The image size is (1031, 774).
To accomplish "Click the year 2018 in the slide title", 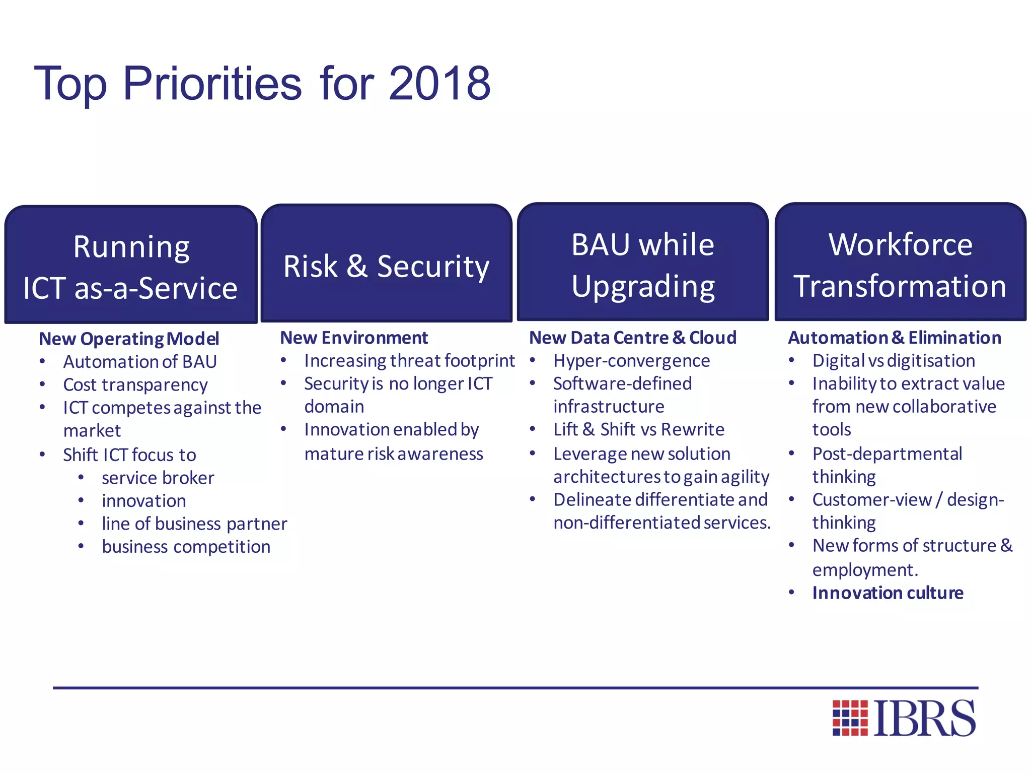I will pos(439,84).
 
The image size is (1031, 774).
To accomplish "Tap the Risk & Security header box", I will pos(386,265).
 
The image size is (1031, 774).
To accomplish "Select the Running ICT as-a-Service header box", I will pos(130,266).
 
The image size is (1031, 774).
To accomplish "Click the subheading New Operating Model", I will pos(129,339).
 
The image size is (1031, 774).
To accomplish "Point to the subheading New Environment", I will pos(354,338).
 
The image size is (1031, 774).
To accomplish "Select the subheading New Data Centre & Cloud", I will pos(633,338).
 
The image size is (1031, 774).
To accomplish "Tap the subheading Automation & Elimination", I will pos(895,338).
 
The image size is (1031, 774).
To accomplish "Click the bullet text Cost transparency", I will pos(135,385).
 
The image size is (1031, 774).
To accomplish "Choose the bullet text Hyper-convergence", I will pos(631,361).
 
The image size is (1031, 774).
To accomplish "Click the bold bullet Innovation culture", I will pos(888,593).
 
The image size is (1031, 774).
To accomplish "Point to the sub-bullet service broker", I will pos(158,478).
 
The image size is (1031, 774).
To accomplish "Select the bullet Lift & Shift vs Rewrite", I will pos(638,429).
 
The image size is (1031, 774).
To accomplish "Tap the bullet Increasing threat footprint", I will pos(409,361).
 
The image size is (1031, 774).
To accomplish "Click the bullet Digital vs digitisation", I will pos(894,361).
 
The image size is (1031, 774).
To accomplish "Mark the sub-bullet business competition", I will pos(186,547).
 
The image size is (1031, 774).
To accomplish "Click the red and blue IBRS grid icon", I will pos(850,718).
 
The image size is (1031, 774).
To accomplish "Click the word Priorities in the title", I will pos(212,84).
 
